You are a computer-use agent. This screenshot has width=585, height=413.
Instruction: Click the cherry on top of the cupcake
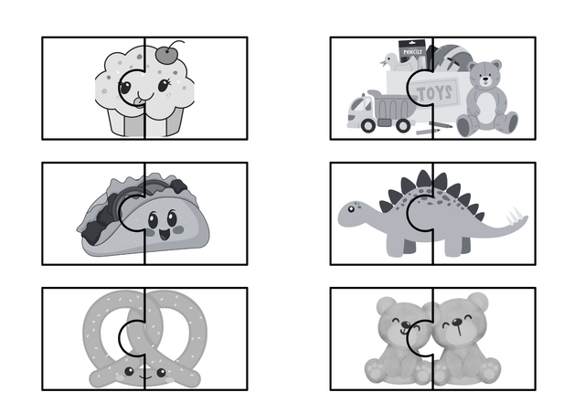[x=166, y=55]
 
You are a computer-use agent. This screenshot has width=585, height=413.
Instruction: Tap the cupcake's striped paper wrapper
[x=144, y=121]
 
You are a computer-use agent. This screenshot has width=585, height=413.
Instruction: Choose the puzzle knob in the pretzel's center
[x=134, y=337]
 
